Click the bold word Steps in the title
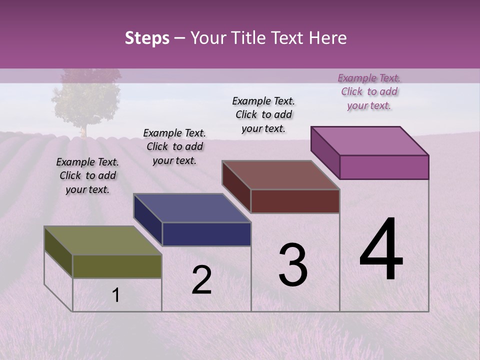coord(147,38)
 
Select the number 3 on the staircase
coord(293,265)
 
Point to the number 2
coord(201,280)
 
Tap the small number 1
coord(115,295)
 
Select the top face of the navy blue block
coord(192,208)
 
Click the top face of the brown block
coord(280,175)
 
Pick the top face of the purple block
coord(369,141)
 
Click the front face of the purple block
coord(384,167)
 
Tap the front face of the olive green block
coord(117,266)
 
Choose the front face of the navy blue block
coord(206,234)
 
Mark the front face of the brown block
coord(295,201)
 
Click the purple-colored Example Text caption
coord(369,91)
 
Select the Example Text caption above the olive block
coord(87,175)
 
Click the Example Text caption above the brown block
coord(263,114)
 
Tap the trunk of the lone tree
coord(84,131)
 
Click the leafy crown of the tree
coord(86,97)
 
